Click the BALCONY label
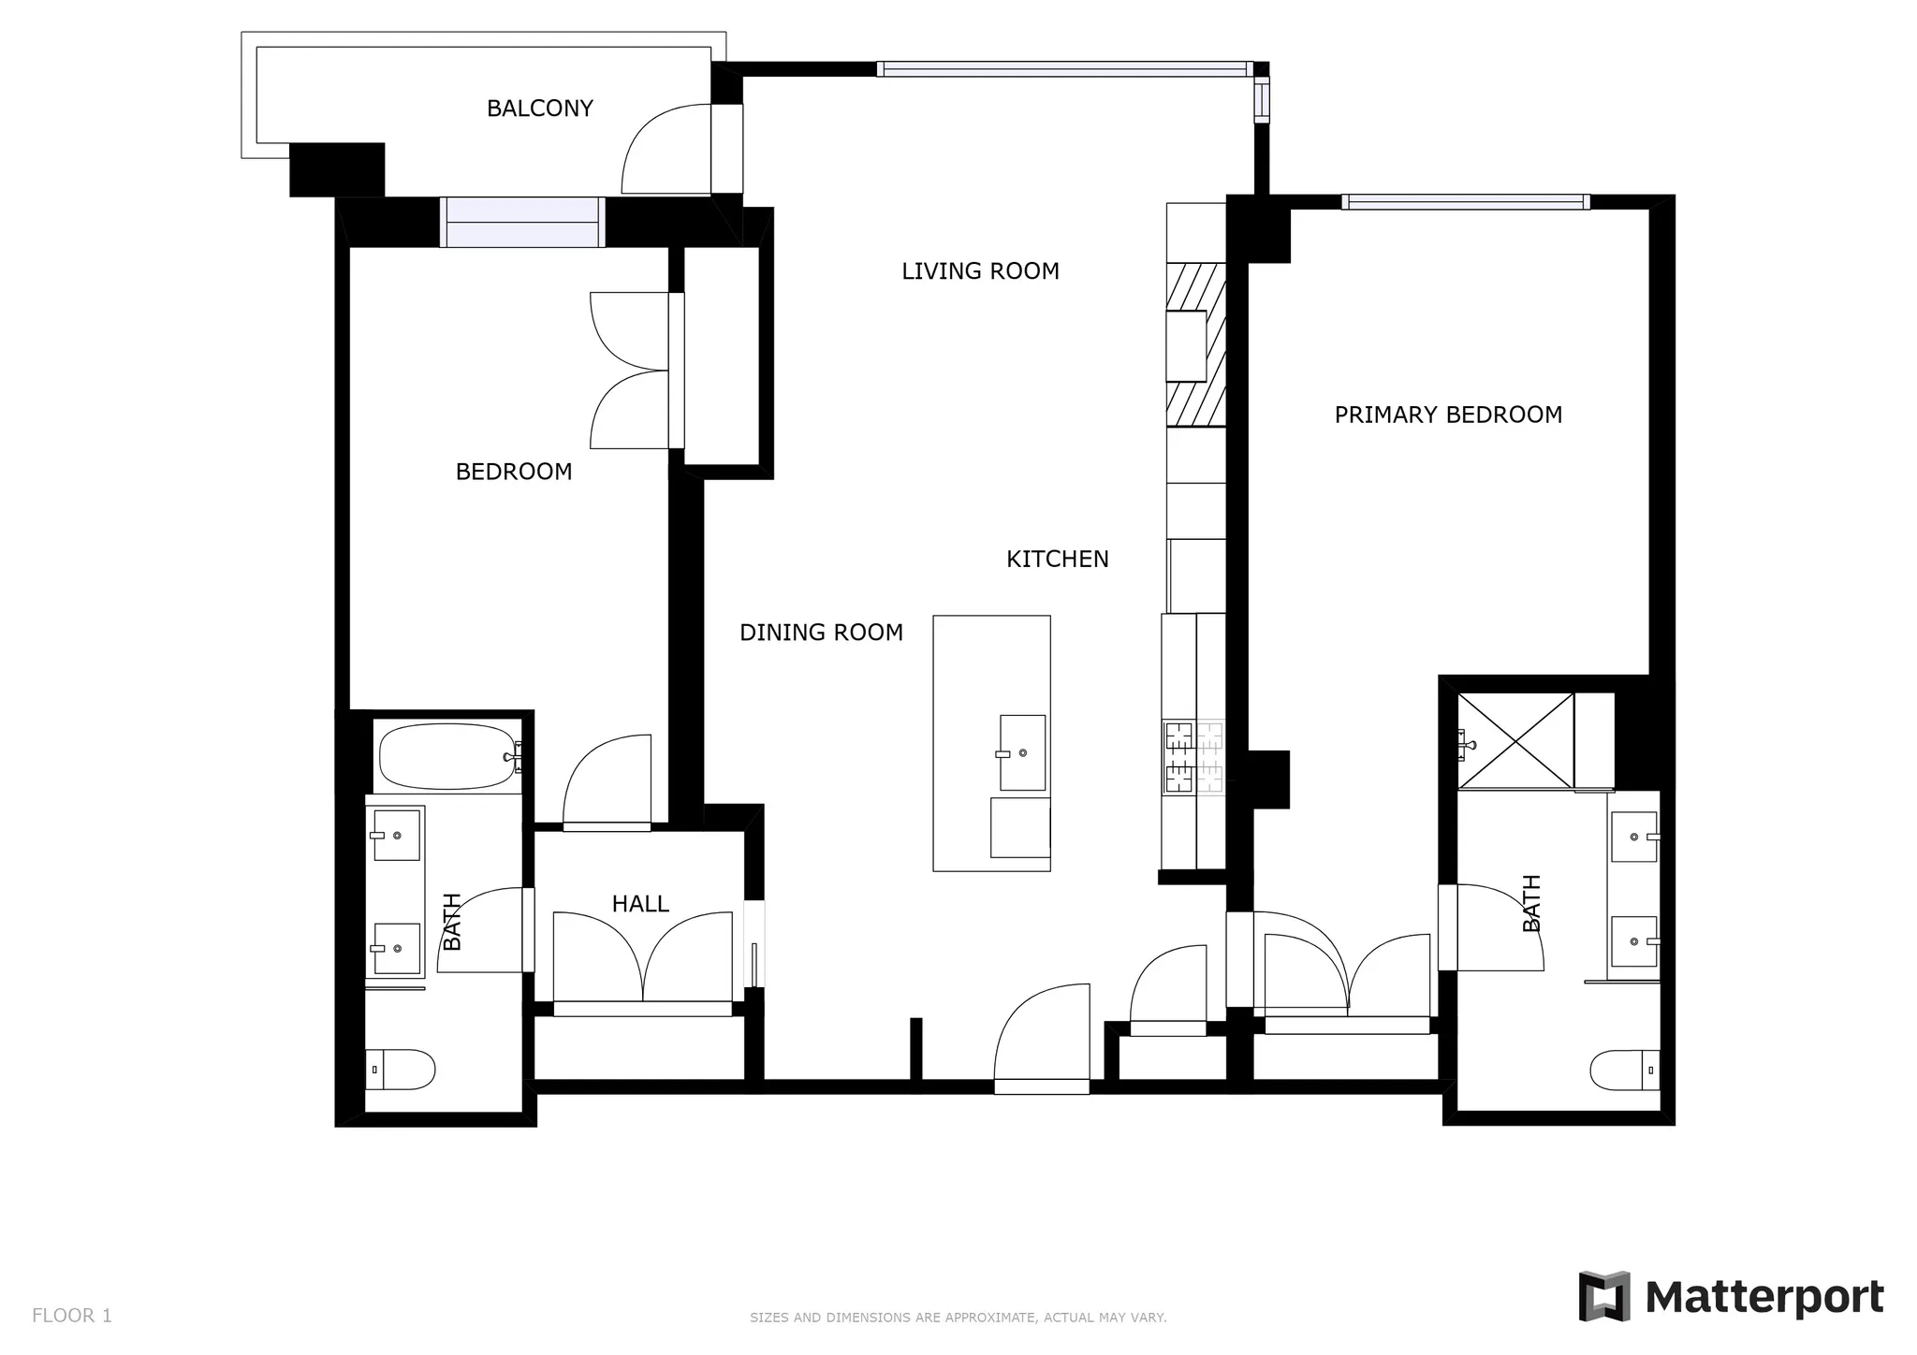click(x=539, y=109)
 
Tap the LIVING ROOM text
click(x=980, y=271)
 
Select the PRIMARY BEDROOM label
click(x=1447, y=415)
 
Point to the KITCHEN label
click(x=1057, y=560)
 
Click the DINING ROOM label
click(x=821, y=633)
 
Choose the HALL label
click(x=640, y=904)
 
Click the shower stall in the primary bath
click(x=1515, y=740)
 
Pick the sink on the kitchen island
click(x=1022, y=752)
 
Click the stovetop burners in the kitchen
click(x=1193, y=757)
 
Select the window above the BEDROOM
click(x=522, y=223)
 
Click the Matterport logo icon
click(x=1604, y=1296)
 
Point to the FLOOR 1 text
click(x=72, y=1316)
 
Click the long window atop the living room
click(x=1064, y=69)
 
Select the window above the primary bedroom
click(x=1465, y=202)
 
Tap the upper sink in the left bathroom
click(x=396, y=835)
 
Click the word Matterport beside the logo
click(x=1763, y=1297)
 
